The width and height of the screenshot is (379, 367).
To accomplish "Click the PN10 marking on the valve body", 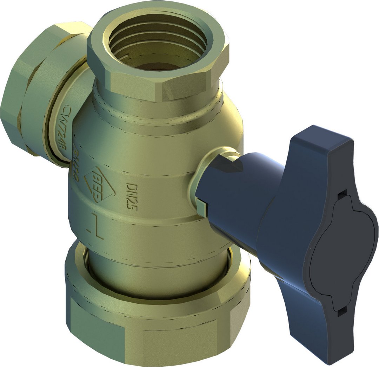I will pyautogui.click(x=76, y=158).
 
